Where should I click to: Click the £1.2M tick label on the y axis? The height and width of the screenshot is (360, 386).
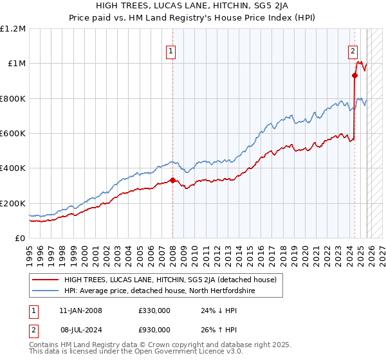pyautogui.click(x=13, y=28)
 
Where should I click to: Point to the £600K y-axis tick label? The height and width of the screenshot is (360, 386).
pyautogui.click(x=13, y=133)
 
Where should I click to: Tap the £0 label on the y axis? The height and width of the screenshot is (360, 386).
pyautogui.click(x=20, y=238)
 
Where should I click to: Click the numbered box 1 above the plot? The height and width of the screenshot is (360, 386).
pyautogui.click(x=171, y=53)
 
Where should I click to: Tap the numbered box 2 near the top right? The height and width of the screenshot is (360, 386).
pyautogui.click(x=353, y=53)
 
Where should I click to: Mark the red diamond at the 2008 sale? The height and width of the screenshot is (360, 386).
pyautogui.click(x=172, y=181)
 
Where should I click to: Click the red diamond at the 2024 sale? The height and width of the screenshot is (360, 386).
pyautogui.click(x=354, y=76)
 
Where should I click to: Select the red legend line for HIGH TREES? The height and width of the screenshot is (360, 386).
pyautogui.click(x=46, y=280)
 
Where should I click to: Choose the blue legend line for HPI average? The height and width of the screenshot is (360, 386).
pyautogui.click(x=46, y=291)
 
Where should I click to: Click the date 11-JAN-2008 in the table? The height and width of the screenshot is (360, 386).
pyautogui.click(x=80, y=310)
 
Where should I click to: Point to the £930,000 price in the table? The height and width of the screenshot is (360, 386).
pyautogui.click(x=154, y=330)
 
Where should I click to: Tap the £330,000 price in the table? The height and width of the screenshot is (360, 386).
pyautogui.click(x=154, y=310)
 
